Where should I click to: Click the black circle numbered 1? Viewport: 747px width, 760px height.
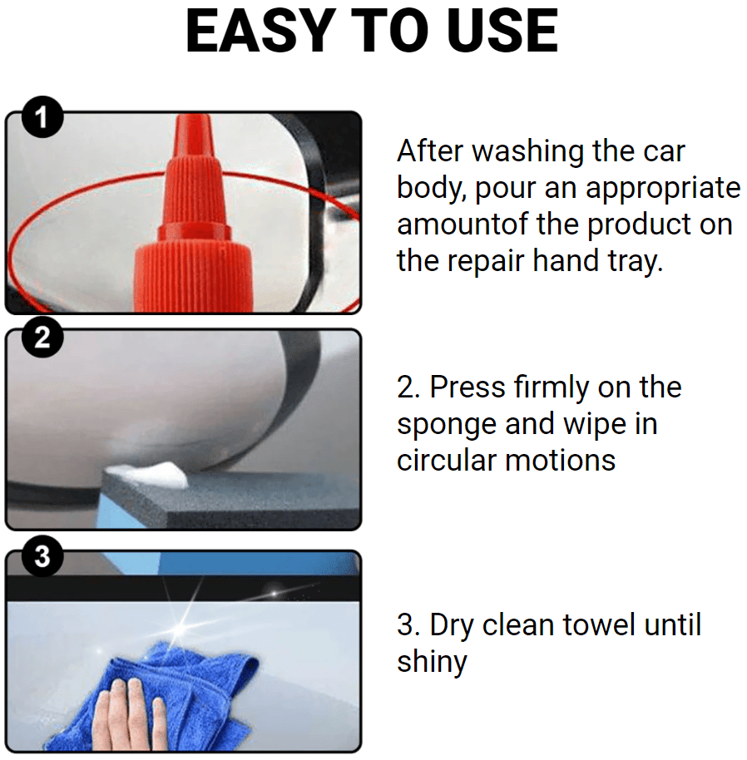pos(42,117)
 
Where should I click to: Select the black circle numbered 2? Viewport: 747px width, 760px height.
pos(42,338)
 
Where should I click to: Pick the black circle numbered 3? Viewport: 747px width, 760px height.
pos(42,556)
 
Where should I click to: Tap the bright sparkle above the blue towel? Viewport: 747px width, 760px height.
pos(181,628)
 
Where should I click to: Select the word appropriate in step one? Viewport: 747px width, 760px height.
pos(663,189)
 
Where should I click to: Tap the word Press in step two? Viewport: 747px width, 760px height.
pos(467,387)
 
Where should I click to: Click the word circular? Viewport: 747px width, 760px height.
pos(447,461)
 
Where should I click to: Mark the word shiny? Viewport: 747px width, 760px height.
pos(432,663)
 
